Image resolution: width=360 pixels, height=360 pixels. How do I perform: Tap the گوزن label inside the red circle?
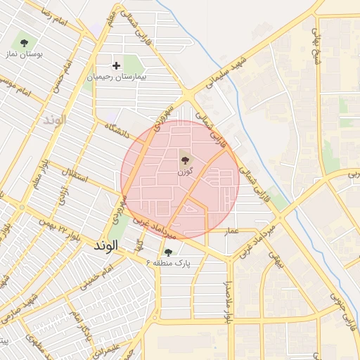(x=184, y=172)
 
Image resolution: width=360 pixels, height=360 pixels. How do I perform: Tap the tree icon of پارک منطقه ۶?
(x=167, y=252)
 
